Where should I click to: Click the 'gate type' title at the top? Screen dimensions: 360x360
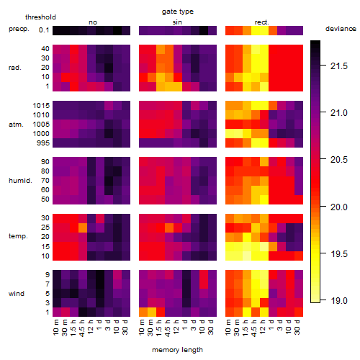pyautogui.click(x=178, y=12)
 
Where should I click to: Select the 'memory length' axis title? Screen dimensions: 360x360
pyautogui.click(x=177, y=350)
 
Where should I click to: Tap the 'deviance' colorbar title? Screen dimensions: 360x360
pyautogui.click(x=341, y=29)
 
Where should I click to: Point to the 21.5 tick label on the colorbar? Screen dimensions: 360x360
pyautogui.click(x=339, y=66)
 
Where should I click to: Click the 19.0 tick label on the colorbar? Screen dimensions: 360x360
pyautogui.click(x=339, y=300)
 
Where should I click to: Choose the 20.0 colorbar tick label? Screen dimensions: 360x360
pyautogui.click(x=339, y=207)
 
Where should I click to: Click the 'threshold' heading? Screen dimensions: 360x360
pyautogui.click(x=40, y=17)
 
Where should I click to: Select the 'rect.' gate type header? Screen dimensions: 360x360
pyautogui.click(x=261, y=22)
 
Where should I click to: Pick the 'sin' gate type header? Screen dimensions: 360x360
pyautogui.click(x=177, y=22)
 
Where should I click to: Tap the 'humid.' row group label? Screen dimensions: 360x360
pyautogui.click(x=20, y=181)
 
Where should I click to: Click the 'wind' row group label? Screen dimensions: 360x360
pyautogui.click(x=17, y=294)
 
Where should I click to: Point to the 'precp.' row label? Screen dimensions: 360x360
pyautogui.click(x=19, y=29)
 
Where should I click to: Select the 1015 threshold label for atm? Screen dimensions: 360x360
pyautogui.click(x=41, y=106)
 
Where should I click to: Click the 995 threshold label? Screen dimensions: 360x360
pyautogui.click(x=43, y=143)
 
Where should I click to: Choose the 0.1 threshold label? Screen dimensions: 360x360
pyautogui.click(x=44, y=30)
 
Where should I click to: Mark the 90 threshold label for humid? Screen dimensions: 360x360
pyautogui.click(x=45, y=162)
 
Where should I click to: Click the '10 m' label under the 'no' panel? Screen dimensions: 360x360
pyautogui.click(x=56, y=327)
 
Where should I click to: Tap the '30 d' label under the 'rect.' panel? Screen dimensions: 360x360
pyautogui.click(x=297, y=327)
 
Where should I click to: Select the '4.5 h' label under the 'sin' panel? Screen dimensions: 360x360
pyautogui.click(x=168, y=328)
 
